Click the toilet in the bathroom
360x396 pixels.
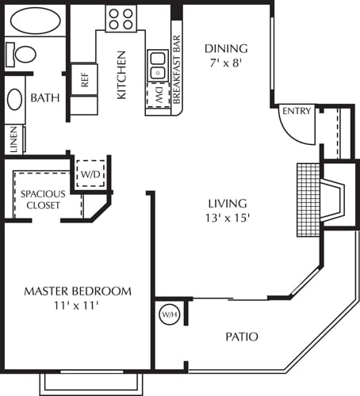tap(22, 55)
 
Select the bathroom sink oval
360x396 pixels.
tap(14, 100)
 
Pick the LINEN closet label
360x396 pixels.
tap(14, 142)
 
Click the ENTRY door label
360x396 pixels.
tap(297, 111)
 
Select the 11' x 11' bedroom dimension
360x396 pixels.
tap(77, 305)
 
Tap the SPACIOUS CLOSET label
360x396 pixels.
tap(44, 199)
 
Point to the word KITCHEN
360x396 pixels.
tap(122, 75)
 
